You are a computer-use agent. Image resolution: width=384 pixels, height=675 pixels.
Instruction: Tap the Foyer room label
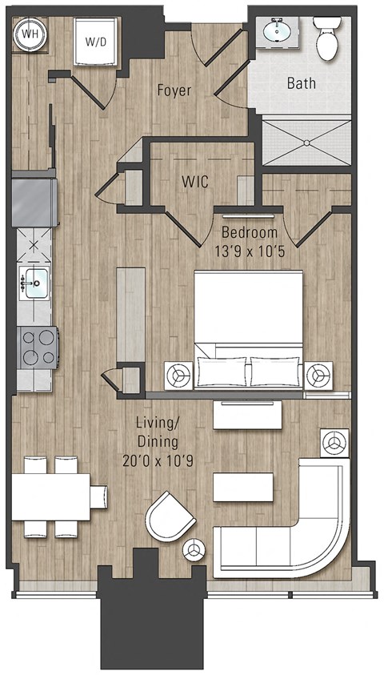[x=174, y=90]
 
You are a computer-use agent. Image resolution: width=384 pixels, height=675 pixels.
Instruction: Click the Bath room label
[x=301, y=82]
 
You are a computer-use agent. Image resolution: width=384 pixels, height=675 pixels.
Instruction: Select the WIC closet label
[x=194, y=183]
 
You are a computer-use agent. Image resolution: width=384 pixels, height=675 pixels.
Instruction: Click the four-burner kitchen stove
[x=38, y=347]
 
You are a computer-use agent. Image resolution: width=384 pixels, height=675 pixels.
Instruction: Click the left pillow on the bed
[x=222, y=372]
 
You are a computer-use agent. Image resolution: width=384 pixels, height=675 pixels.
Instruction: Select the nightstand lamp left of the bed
[x=178, y=375]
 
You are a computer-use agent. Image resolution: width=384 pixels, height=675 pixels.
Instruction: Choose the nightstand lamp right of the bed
[x=319, y=375]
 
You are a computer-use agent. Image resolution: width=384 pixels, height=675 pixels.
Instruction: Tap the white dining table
[x=51, y=496]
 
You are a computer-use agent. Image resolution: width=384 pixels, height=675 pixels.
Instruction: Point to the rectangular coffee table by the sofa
[x=243, y=486]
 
